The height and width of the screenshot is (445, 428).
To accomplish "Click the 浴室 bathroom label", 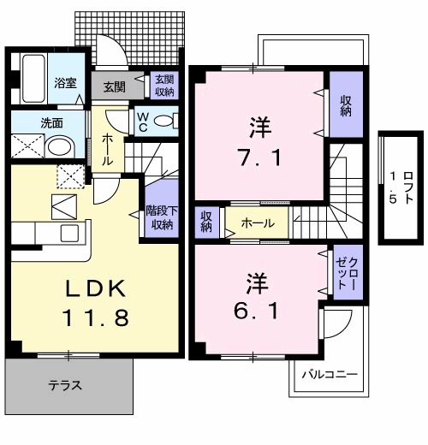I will point(66,84).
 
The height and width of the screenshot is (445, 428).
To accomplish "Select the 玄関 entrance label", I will point(114,86).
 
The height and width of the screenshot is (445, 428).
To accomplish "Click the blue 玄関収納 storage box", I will point(163,86).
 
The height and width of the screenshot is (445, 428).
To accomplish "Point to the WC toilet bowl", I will point(169,120).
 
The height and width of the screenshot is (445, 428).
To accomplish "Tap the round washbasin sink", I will point(60,147).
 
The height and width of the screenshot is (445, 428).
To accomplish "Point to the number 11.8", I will point(94,319).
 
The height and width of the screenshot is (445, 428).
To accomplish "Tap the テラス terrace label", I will point(66,386).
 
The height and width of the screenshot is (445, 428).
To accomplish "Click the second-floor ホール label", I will point(257,223).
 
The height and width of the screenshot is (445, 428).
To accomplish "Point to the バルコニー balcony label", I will point(328,375).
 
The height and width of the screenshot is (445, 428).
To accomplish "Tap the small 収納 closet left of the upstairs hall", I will point(206,222).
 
